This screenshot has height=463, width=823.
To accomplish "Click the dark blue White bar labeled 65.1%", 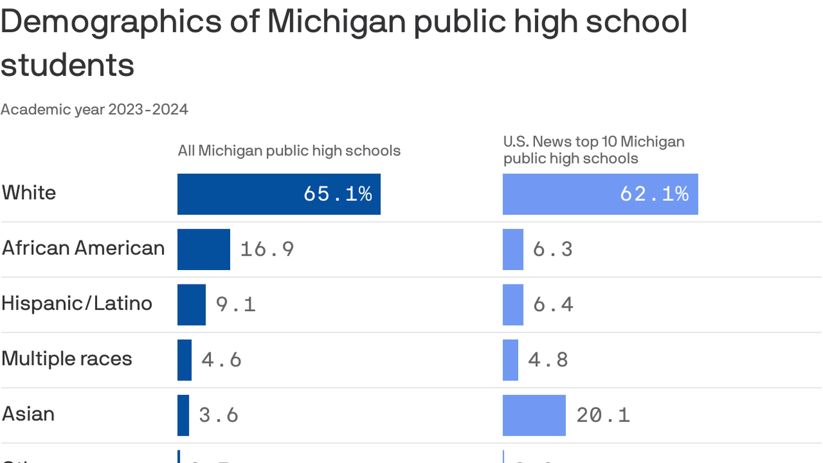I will click(x=278, y=194).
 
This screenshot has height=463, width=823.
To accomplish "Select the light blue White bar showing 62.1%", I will click(x=600, y=194).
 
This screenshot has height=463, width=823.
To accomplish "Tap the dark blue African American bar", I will click(x=204, y=249).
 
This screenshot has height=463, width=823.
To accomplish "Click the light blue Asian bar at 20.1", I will click(x=534, y=415).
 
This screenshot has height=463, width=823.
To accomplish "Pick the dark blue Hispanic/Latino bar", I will click(x=191, y=304).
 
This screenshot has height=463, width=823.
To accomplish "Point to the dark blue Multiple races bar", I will click(x=184, y=360).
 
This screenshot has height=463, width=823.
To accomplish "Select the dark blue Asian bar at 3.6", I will click(x=183, y=415).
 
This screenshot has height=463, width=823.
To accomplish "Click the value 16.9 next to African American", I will click(x=267, y=249).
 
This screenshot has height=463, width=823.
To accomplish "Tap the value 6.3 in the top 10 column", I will click(x=552, y=249).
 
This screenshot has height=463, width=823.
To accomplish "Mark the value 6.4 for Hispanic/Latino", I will click(x=552, y=304).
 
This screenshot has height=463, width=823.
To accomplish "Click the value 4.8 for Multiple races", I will click(x=548, y=360).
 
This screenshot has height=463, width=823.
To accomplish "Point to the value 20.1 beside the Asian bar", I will click(x=602, y=415).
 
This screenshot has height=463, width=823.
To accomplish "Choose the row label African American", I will click(x=83, y=248).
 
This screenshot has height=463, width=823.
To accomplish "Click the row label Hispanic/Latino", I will click(x=77, y=303).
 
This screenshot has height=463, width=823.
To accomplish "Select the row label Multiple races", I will click(x=66, y=359).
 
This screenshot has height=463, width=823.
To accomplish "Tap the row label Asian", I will click(x=28, y=414).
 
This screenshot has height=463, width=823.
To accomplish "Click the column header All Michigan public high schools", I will click(x=289, y=151).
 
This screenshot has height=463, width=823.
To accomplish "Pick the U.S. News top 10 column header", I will click(x=593, y=150).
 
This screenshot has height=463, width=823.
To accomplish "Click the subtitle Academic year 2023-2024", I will click(x=94, y=109).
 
